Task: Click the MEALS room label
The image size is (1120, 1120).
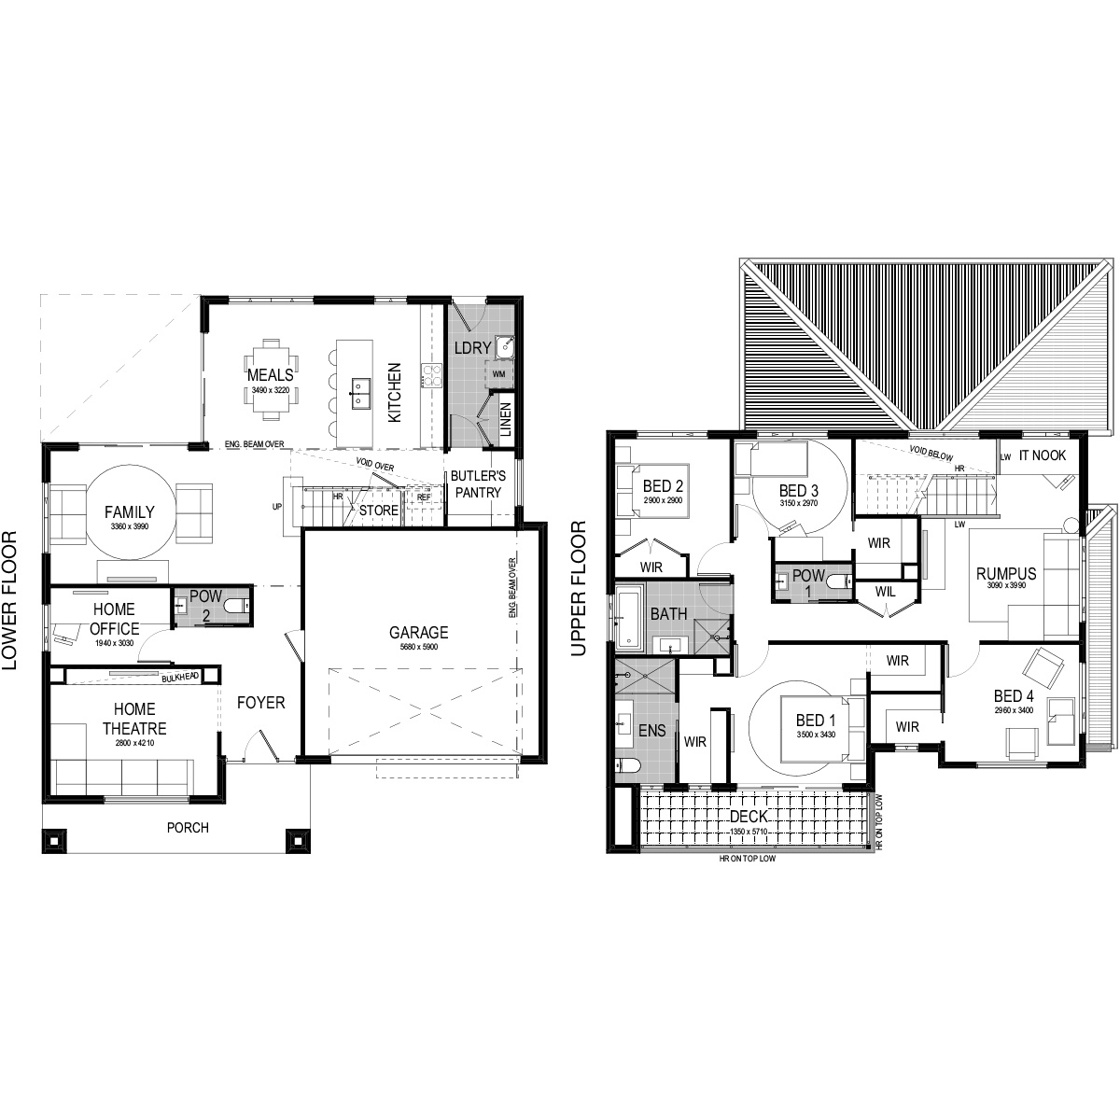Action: (x=270, y=349)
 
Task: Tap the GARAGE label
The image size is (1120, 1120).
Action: (x=419, y=632)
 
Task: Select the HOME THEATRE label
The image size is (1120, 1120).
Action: (x=140, y=719)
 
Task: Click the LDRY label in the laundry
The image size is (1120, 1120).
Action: (x=468, y=347)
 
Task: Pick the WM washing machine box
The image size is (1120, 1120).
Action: (x=499, y=373)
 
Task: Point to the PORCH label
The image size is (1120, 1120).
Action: (x=188, y=827)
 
